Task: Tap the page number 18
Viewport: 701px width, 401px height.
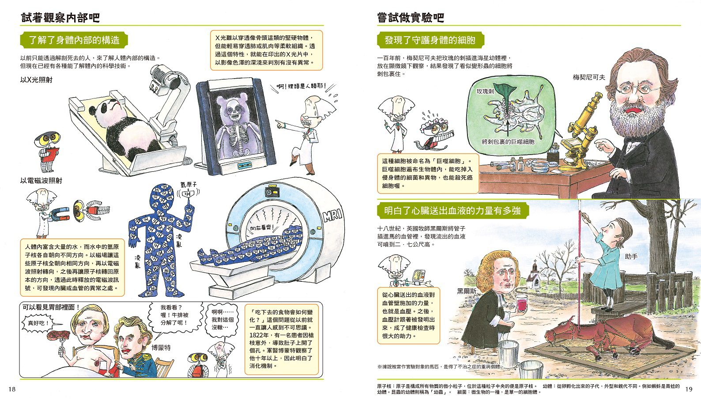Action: point(12,389)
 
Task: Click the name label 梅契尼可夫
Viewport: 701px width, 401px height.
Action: point(589,77)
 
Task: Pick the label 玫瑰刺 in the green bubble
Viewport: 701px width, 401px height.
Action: point(485,91)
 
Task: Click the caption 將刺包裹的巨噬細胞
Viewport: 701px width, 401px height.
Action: point(508,142)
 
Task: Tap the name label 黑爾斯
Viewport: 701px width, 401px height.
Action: point(467,291)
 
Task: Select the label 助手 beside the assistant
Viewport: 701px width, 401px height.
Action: point(631,256)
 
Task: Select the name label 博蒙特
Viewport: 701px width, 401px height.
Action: point(161,348)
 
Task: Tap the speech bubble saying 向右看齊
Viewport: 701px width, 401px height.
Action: point(261,228)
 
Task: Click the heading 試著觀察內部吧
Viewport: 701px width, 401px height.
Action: point(60,18)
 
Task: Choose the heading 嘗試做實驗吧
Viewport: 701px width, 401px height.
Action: point(411,18)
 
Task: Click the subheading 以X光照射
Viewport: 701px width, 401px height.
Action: point(36,80)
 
